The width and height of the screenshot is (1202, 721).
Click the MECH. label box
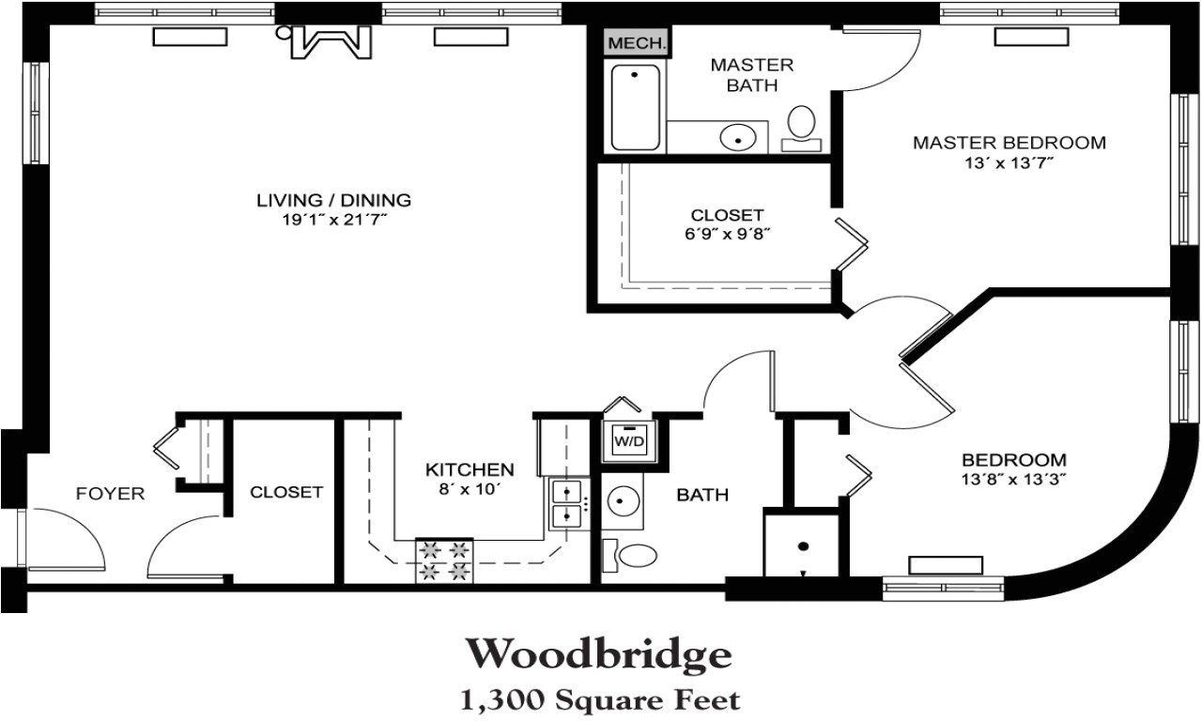coord(637,43)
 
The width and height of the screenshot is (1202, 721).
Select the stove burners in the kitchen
coord(444,560)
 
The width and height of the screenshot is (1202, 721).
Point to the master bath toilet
coord(802,126)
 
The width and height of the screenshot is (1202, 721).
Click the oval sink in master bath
coord(738,138)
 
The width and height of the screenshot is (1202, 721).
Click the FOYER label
coord(110,493)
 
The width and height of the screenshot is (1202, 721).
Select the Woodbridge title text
coord(598,654)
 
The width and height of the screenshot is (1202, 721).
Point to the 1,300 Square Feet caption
coord(599,698)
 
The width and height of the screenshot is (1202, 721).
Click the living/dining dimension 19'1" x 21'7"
coord(334,219)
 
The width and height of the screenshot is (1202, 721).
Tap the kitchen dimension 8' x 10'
coord(470,488)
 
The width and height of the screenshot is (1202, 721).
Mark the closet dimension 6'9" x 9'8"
coord(727,234)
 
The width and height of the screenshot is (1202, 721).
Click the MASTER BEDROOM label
coord(1009,143)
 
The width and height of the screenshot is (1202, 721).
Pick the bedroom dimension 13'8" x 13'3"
coord(1013,479)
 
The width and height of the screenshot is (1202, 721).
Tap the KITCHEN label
coord(470,468)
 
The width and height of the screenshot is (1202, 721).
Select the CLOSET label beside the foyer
coord(286,492)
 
